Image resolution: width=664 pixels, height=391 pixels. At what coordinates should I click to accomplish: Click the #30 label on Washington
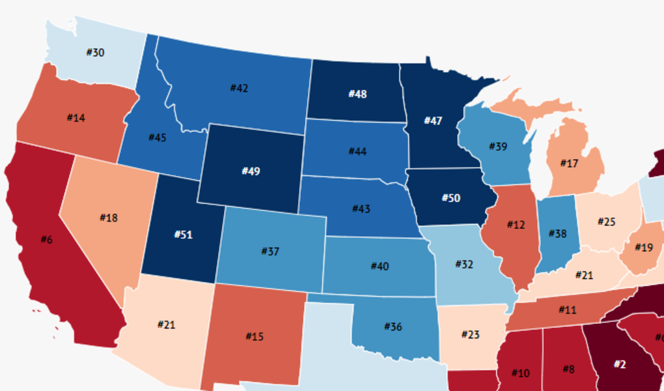(x=95, y=53)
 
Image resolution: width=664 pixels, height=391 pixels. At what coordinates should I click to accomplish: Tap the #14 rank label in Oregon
(x=76, y=118)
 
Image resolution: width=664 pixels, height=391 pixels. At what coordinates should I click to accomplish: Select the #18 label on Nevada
(x=109, y=218)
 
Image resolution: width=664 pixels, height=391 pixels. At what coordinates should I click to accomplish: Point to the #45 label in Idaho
(x=158, y=138)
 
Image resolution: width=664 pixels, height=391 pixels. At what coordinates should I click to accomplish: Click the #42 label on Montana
(x=239, y=88)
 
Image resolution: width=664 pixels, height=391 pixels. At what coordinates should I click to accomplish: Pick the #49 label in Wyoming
(x=251, y=171)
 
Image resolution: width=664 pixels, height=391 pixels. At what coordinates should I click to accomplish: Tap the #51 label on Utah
(x=183, y=235)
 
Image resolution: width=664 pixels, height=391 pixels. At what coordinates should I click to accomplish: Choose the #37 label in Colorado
(x=270, y=251)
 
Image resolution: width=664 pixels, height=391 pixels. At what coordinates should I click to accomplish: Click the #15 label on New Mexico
(x=255, y=336)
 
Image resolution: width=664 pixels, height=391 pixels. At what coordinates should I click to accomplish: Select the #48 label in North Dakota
(x=357, y=94)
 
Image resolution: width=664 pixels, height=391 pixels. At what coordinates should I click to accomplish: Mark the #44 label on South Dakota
(x=357, y=151)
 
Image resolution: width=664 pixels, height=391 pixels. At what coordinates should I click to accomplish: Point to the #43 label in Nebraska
(x=361, y=209)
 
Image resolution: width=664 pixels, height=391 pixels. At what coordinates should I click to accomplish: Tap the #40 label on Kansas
(x=380, y=266)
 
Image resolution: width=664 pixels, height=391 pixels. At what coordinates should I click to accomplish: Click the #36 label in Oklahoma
(x=393, y=326)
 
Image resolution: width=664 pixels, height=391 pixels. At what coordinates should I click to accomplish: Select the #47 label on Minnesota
(x=433, y=121)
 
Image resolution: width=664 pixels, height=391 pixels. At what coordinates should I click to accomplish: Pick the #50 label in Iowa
(x=451, y=197)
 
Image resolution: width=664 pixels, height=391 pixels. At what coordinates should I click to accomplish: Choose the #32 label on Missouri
(x=464, y=264)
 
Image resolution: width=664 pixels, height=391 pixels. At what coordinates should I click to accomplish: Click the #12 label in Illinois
(x=516, y=225)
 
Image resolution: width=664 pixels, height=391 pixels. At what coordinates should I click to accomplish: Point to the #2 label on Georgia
(x=619, y=364)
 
